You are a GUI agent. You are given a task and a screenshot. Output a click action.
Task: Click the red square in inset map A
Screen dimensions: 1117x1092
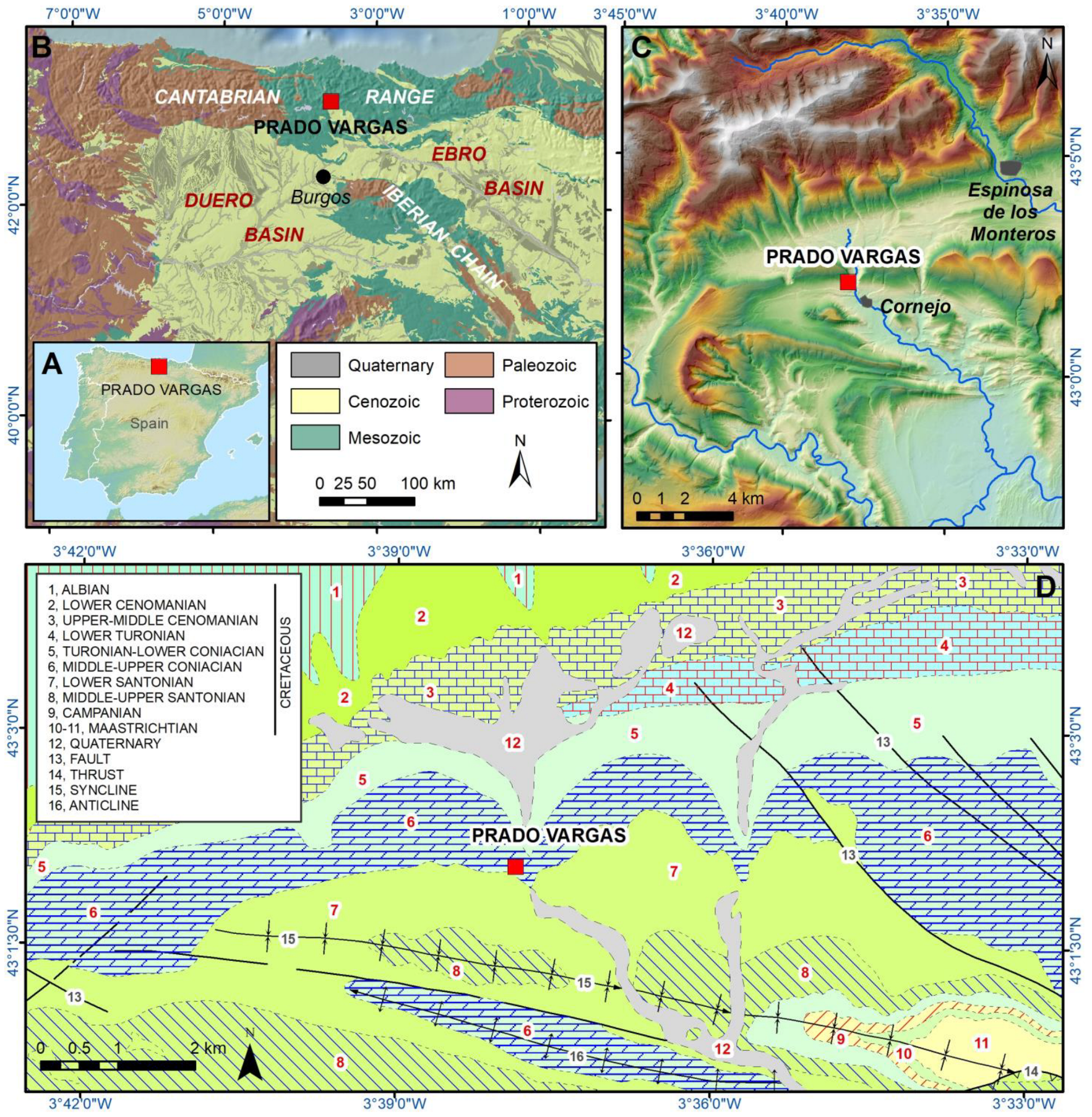pyautogui.click(x=159, y=366)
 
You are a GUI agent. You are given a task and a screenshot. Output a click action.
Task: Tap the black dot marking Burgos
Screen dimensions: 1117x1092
pyautogui.click(x=323, y=176)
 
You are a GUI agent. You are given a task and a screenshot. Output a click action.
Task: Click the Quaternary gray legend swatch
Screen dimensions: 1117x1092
pyautogui.click(x=315, y=365)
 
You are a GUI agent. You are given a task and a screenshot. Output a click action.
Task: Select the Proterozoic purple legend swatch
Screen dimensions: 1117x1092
pyautogui.click(x=469, y=401)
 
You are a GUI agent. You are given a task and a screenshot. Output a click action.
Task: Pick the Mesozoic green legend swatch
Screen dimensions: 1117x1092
pyautogui.click(x=315, y=437)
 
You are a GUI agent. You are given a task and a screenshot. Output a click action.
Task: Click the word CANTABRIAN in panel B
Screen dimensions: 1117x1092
pyautogui.click(x=217, y=97)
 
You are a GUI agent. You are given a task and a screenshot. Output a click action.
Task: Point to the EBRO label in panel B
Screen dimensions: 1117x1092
pyautogui.click(x=458, y=153)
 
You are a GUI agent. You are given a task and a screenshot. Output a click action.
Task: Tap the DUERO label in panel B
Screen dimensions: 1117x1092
pyautogui.click(x=218, y=200)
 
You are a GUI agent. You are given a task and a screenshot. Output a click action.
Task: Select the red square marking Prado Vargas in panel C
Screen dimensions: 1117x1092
pyautogui.click(x=848, y=282)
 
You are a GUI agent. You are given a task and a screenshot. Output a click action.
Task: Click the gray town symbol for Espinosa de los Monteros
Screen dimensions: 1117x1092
pyautogui.click(x=1009, y=168)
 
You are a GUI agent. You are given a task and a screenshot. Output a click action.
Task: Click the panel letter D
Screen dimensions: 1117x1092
pyautogui.click(x=1045, y=587)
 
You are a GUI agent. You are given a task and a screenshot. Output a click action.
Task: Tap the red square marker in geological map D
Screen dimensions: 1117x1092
pyautogui.click(x=515, y=867)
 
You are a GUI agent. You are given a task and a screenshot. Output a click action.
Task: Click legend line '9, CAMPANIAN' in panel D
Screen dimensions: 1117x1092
pyautogui.click(x=95, y=712)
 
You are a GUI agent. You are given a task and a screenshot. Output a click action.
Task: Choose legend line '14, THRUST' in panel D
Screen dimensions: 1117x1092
pyautogui.click(x=86, y=774)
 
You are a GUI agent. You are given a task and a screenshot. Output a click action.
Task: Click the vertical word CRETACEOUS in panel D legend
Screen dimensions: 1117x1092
pyautogui.click(x=285, y=662)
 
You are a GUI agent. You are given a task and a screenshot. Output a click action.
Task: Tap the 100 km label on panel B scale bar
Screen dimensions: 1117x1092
pyautogui.click(x=428, y=483)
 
